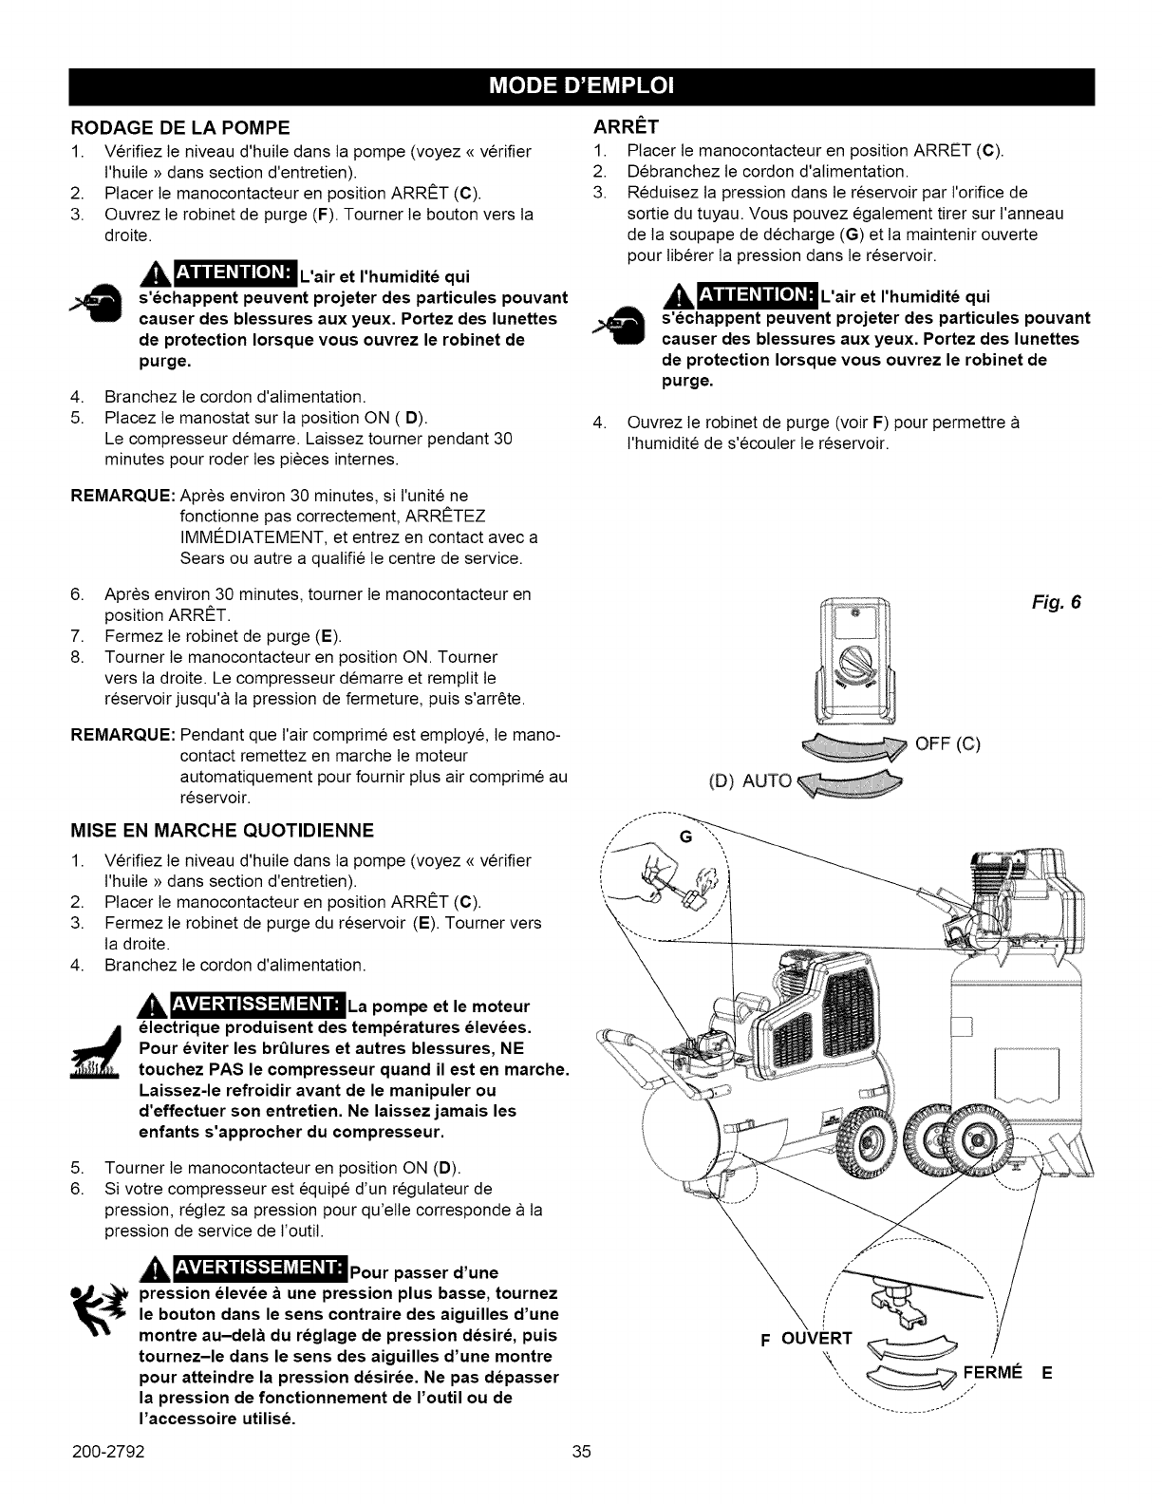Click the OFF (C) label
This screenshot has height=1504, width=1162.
click(x=946, y=743)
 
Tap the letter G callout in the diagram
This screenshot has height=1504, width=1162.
click(x=686, y=836)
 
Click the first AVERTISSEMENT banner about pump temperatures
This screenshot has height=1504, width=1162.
click(x=249, y=1005)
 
